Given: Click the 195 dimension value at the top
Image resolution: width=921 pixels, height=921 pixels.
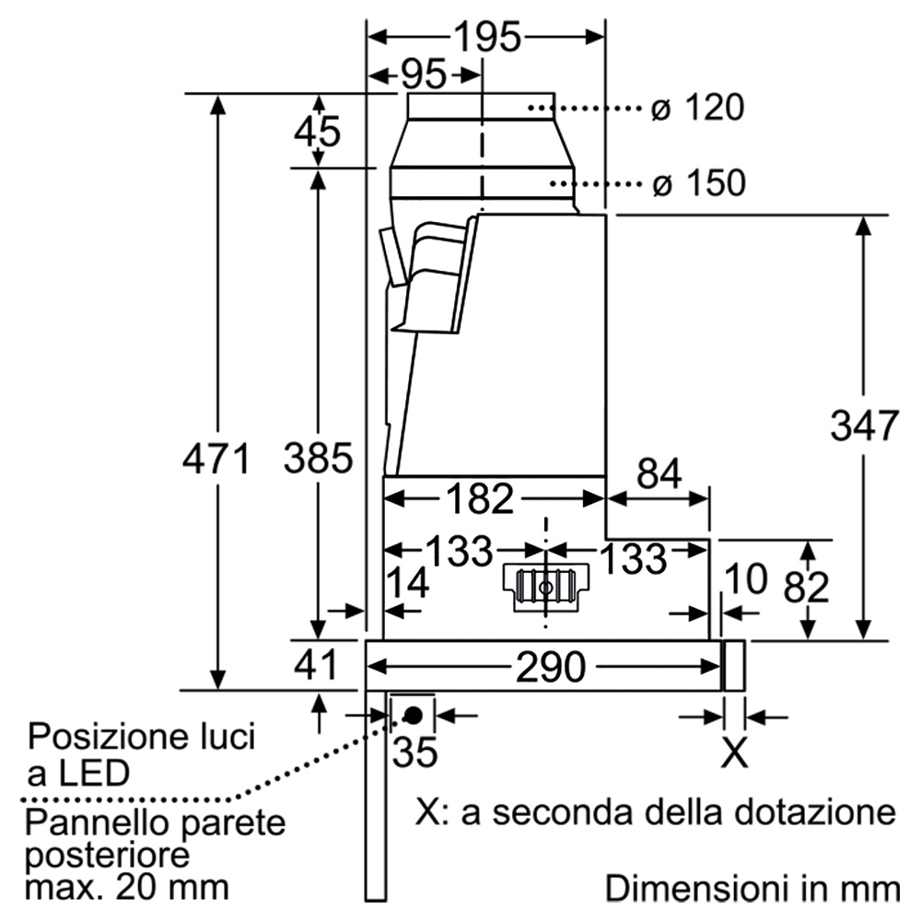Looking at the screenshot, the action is [487, 37].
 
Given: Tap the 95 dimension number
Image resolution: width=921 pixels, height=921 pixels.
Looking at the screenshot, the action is [424, 76].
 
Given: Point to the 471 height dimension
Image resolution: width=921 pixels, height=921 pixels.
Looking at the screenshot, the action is [216, 459].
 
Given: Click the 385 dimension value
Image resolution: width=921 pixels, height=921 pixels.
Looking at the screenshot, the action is [319, 458].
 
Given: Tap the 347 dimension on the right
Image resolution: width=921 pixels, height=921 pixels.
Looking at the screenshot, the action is [864, 426].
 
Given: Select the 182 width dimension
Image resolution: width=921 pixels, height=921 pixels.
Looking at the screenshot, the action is [480, 499].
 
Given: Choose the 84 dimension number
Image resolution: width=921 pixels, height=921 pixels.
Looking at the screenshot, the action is [659, 472].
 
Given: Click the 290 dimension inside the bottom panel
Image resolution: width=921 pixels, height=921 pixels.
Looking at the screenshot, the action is [551, 667].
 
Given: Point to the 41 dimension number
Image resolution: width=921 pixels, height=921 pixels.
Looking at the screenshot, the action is [316, 665].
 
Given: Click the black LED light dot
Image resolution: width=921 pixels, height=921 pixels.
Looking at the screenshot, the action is [413, 716].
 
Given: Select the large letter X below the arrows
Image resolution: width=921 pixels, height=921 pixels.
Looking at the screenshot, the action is [734, 752].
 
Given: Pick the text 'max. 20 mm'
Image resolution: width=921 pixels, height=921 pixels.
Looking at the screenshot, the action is [127, 888].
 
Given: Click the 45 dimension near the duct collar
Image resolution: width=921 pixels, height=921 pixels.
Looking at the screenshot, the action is [317, 131].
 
